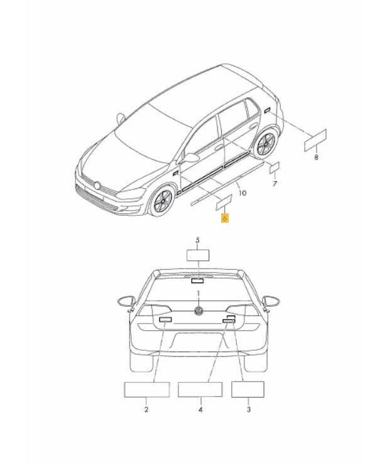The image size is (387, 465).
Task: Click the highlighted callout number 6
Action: (225, 218)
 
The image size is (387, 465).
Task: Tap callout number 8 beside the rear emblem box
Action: (316, 157)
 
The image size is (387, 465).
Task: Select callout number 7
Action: (275, 184)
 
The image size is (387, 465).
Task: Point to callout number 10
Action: (243, 193)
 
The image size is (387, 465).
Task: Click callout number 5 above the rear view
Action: (198, 240)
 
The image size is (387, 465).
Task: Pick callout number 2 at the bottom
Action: (146, 410)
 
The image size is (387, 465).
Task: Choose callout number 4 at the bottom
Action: (200, 410)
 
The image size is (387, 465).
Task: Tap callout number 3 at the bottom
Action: (249, 410)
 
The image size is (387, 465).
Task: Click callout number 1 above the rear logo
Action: (198, 293)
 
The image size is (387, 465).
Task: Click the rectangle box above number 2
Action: (147, 390)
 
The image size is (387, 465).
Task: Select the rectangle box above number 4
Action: (200, 389)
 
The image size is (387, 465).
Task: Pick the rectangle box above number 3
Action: (248, 389)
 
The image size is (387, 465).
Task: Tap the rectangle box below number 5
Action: (198, 255)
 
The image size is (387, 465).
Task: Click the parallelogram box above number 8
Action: (315, 141)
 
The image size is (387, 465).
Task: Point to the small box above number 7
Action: (274, 168)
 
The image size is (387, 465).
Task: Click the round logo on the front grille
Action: (97, 186)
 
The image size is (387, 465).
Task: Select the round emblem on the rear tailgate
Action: (199, 311)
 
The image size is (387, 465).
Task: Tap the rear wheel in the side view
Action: (265, 144)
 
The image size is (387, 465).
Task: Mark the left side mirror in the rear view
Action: (126, 301)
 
